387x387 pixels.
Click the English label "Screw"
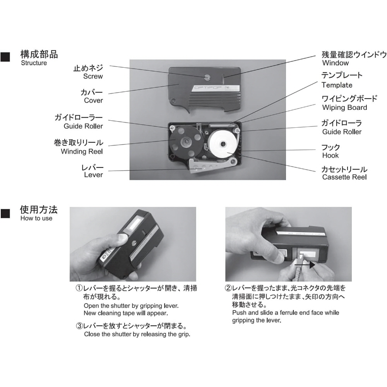tap(93, 76)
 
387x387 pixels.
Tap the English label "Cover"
tap(93, 101)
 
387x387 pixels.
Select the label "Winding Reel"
tap(82, 151)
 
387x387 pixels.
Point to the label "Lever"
tap(93, 175)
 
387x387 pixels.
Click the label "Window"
tap(336, 63)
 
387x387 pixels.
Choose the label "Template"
tap(337, 85)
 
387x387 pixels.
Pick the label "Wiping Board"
tap(344, 108)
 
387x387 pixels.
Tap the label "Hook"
tap(330, 156)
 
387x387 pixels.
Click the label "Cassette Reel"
tap(344, 177)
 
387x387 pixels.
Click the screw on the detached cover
tap(207, 77)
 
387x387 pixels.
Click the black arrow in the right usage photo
tap(305, 265)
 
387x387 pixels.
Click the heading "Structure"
tap(34, 63)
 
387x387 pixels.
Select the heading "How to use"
tap(36, 218)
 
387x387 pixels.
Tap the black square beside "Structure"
tap(5, 57)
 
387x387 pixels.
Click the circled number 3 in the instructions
tap(79, 326)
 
